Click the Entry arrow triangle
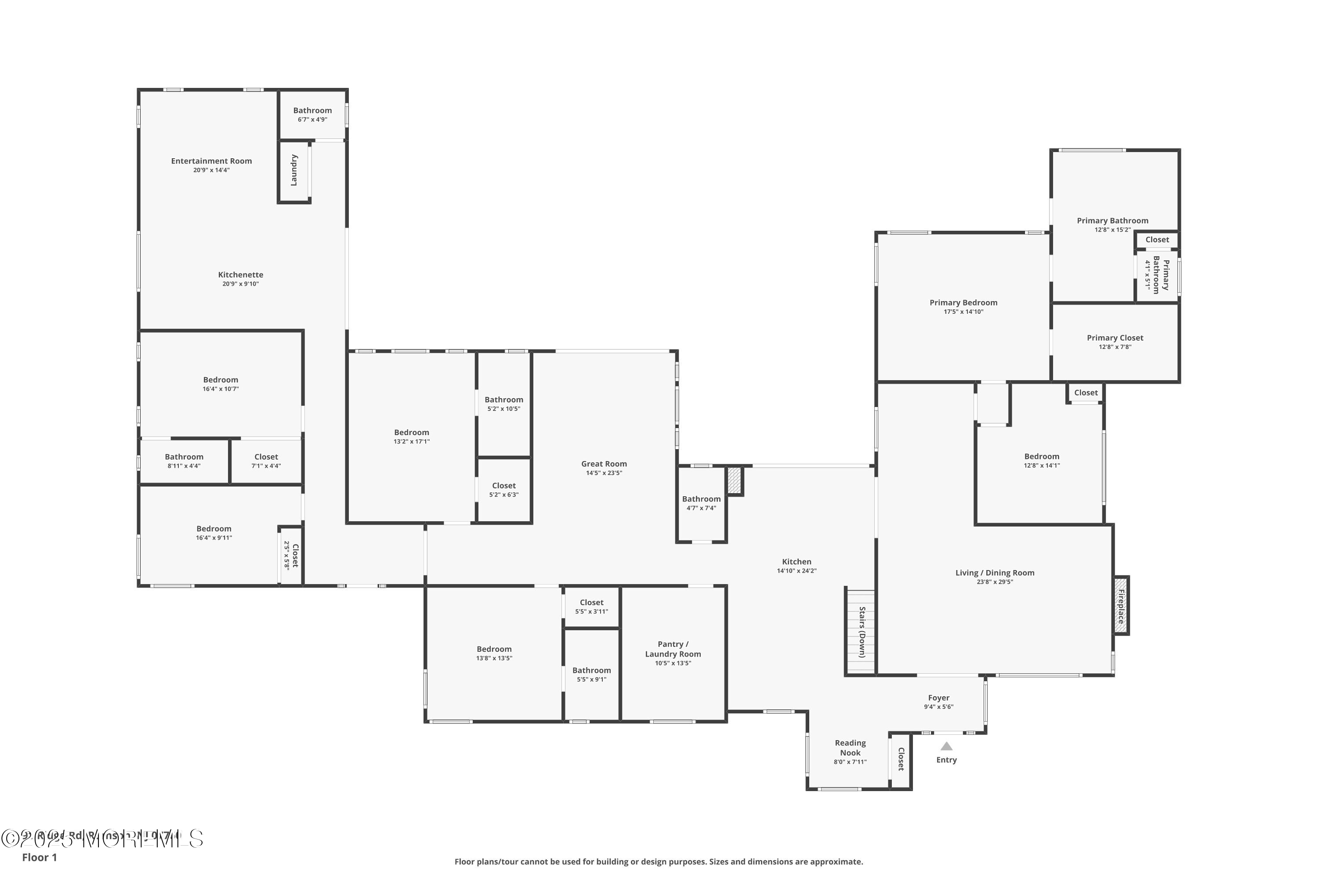click(946, 746)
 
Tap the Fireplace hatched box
click(1121, 606)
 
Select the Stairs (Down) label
click(862, 632)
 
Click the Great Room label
click(604, 464)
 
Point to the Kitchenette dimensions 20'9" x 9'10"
click(240, 283)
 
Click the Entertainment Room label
click(211, 161)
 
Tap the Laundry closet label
click(293, 171)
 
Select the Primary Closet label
click(1115, 338)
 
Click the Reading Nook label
click(850, 748)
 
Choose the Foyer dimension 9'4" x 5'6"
click(938, 707)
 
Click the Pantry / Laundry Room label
click(673, 649)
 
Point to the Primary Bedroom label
click(963, 303)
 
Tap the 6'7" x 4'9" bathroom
click(312, 114)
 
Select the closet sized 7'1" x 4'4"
click(266, 461)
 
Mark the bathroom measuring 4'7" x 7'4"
click(701, 503)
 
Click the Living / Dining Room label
click(995, 573)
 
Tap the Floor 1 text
click(39, 857)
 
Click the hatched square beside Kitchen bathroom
click(734, 481)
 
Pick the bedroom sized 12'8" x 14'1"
click(1041, 460)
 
